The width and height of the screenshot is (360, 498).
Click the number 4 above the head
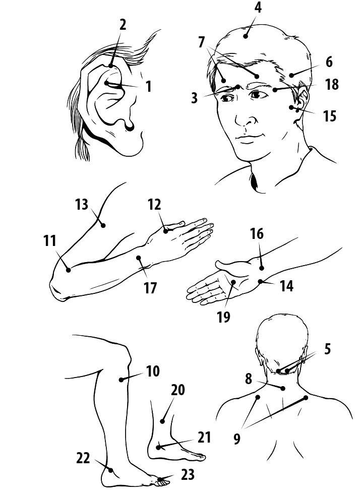[x=258, y=8]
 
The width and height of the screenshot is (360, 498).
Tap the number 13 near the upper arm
[x=82, y=204]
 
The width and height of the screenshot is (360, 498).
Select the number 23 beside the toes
[x=188, y=475]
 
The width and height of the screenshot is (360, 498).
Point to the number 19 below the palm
[x=223, y=317]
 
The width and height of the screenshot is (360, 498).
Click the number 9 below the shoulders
[x=236, y=439]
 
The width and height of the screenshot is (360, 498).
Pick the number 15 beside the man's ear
[x=330, y=116]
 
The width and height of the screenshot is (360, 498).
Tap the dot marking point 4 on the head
[x=246, y=36]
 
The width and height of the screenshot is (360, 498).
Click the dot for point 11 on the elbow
[x=68, y=270]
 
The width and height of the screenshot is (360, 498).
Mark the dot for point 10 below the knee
[x=121, y=379]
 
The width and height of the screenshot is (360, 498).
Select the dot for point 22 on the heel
[x=110, y=470]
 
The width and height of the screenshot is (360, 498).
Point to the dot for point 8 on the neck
[x=283, y=388]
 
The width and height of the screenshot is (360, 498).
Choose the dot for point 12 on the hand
[x=165, y=231]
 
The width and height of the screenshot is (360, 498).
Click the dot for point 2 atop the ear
[x=110, y=66]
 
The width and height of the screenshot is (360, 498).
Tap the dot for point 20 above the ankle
[x=162, y=421]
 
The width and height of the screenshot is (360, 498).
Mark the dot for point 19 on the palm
[x=233, y=282]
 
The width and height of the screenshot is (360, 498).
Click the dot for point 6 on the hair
[x=291, y=75]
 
